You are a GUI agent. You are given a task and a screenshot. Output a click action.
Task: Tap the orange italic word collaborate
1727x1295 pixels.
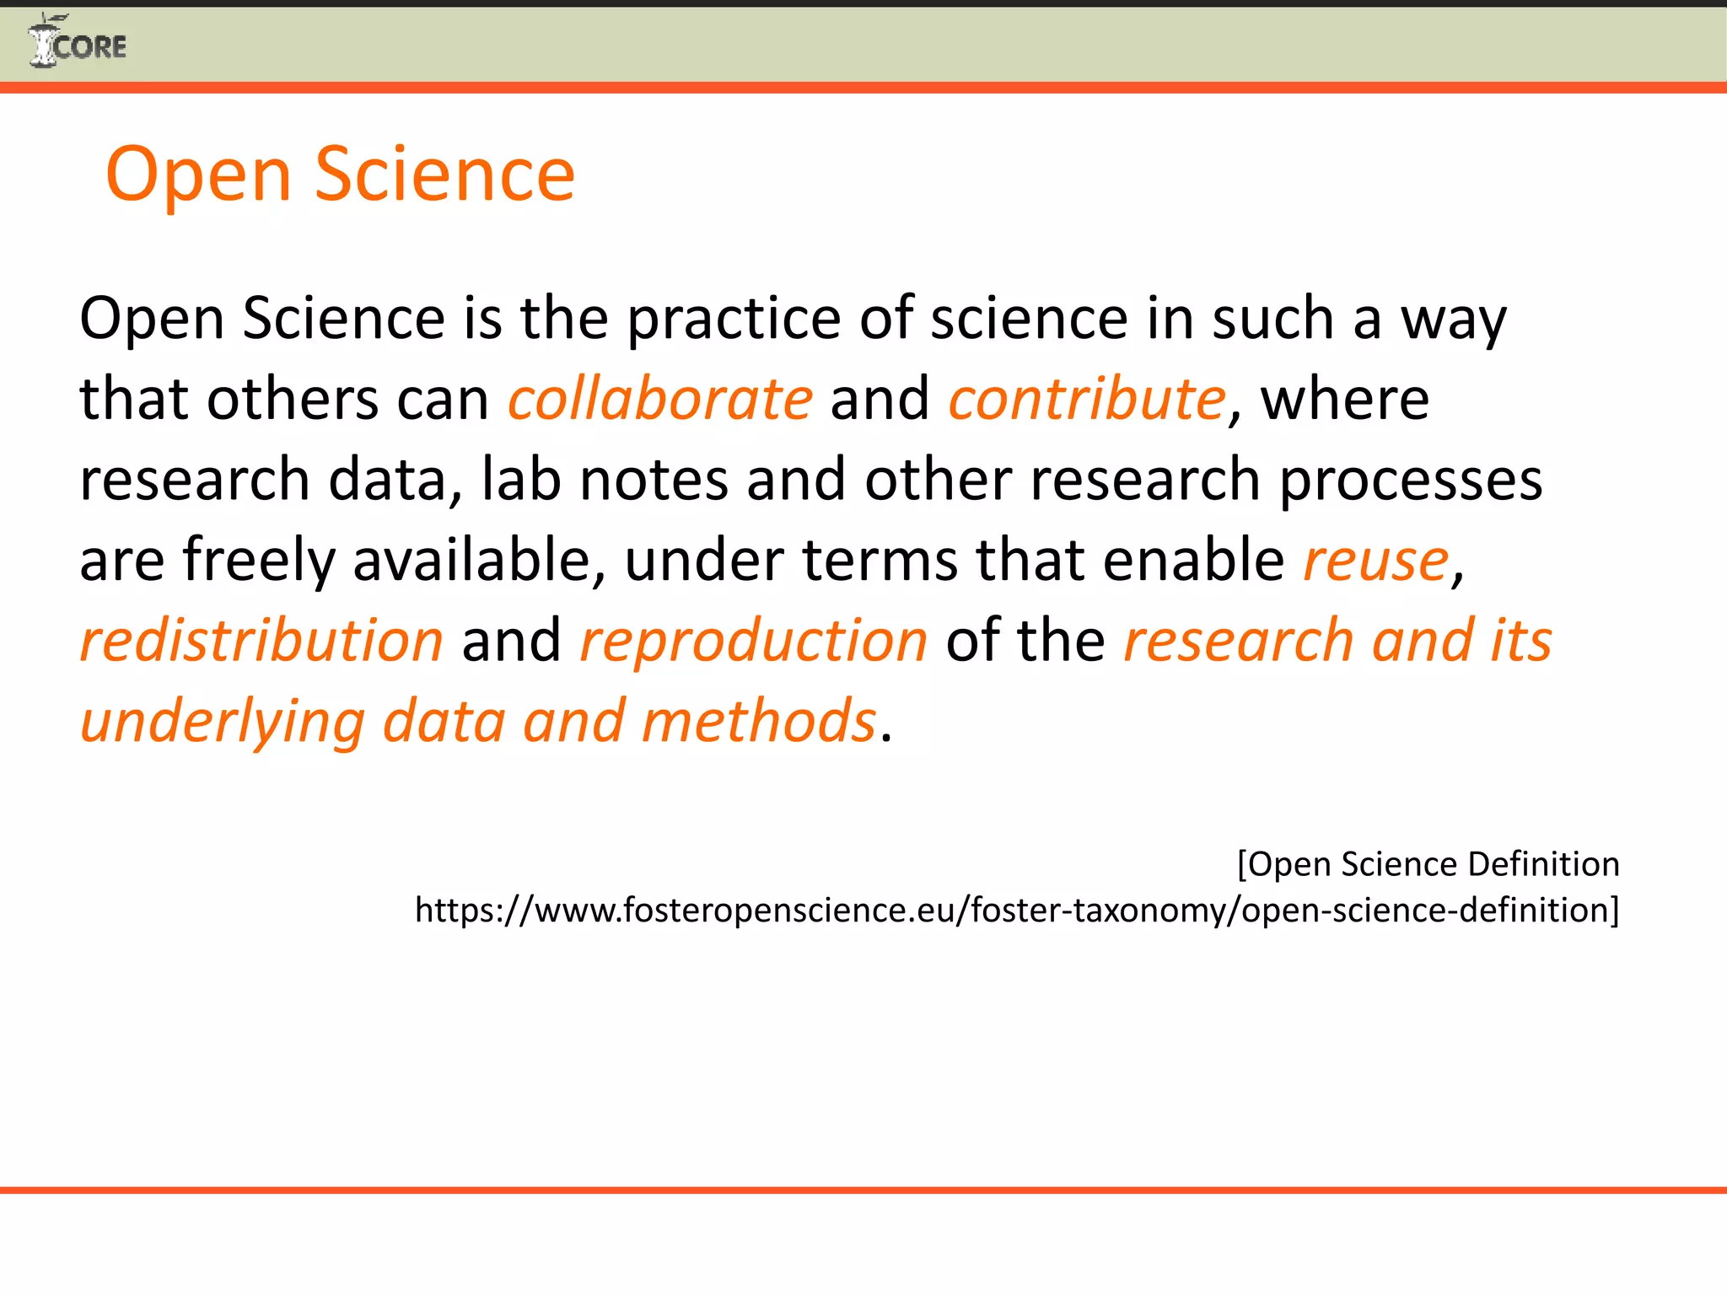(x=660, y=399)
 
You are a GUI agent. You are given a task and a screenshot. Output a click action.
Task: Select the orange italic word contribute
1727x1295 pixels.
(x=1087, y=399)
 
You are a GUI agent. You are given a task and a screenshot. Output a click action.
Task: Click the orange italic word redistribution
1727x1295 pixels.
(x=261, y=641)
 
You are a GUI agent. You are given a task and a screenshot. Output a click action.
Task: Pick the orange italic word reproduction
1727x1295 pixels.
(x=754, y=641)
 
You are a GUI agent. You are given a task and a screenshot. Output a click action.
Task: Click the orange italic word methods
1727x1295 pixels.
(x=759, y=722)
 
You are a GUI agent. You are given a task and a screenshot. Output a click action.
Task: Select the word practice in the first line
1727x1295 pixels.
(x=734, y=319)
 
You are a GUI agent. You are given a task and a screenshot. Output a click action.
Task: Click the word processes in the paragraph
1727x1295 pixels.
(x=1411, y=480)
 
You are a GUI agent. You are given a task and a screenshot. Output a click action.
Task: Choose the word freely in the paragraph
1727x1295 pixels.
(x=259, y=561)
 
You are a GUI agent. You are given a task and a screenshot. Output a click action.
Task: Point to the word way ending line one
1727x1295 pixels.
(x=1453, y=319)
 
